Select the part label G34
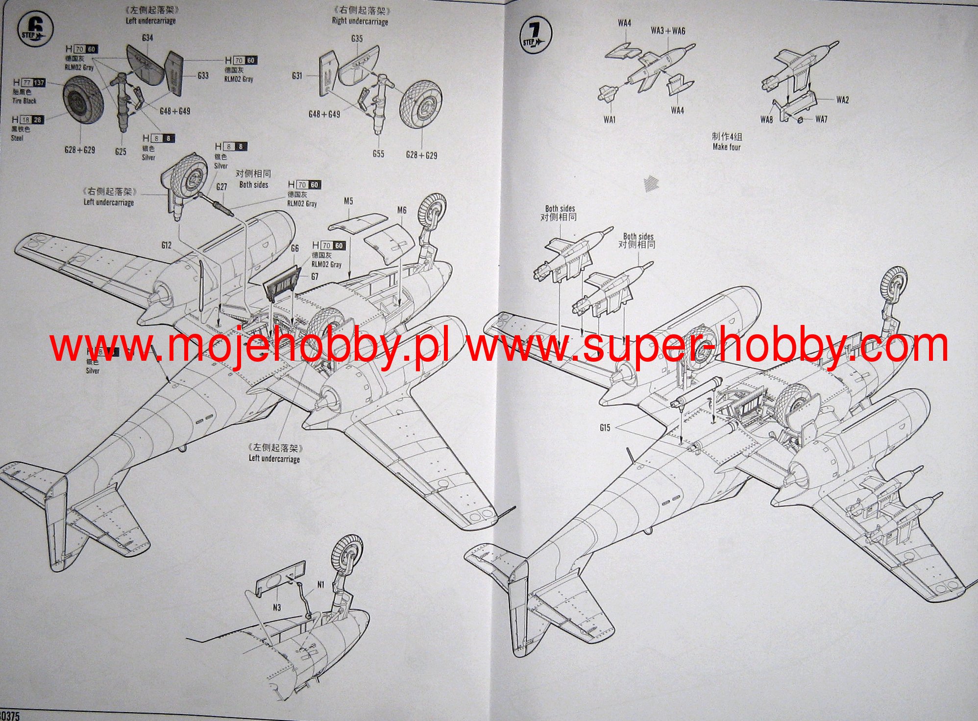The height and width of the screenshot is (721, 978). [x=147, y=38]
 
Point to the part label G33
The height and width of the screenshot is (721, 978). [x=203, y=75]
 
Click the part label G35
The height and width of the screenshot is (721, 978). [x=357, y=39]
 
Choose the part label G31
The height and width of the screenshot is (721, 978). [x=297, y=76]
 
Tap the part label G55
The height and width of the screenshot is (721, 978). [x=378, y=154]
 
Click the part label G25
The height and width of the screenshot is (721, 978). [x=121, y=151]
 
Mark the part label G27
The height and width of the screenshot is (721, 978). [x=221, y=187]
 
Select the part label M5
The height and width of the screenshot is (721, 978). [x=348, y=201]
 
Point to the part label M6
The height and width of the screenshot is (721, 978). [x=401, y=210]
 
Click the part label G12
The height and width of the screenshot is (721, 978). [x=166, y=245]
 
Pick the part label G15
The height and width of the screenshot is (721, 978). [x=605, y=428]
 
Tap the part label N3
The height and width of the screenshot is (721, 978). [x=276, y=608]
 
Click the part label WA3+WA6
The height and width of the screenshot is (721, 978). [x=668, y=31]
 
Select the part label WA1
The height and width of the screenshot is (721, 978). [x=610, y=120]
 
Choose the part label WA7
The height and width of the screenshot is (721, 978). [x=821, y=119]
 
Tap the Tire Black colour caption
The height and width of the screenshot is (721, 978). [x=24, y=101]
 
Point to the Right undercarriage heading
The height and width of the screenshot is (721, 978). [x=360, y=21]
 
